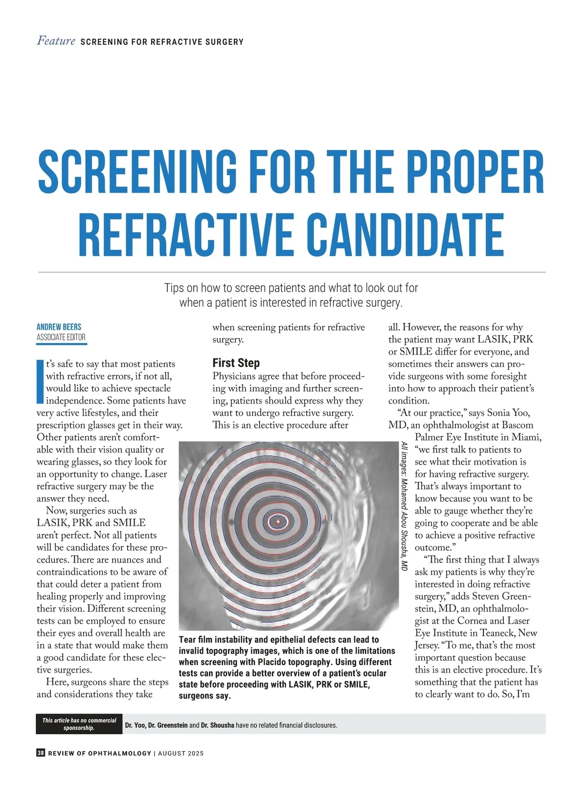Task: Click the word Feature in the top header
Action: point(56,41)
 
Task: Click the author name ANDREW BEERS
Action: point(59,327)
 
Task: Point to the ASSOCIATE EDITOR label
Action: point(61,337)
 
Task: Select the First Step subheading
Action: point(236,363)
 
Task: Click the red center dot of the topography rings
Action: point(278,522)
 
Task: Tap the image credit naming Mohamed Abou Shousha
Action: point(404,506)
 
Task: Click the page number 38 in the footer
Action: point(41,753)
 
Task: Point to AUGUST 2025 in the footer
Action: point(181,753)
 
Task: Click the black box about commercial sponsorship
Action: point(79,724)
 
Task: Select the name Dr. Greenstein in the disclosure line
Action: point(168,725)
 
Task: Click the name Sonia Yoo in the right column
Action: point(507,413)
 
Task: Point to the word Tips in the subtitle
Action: point(174,288)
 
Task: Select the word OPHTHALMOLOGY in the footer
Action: point(119,753)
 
